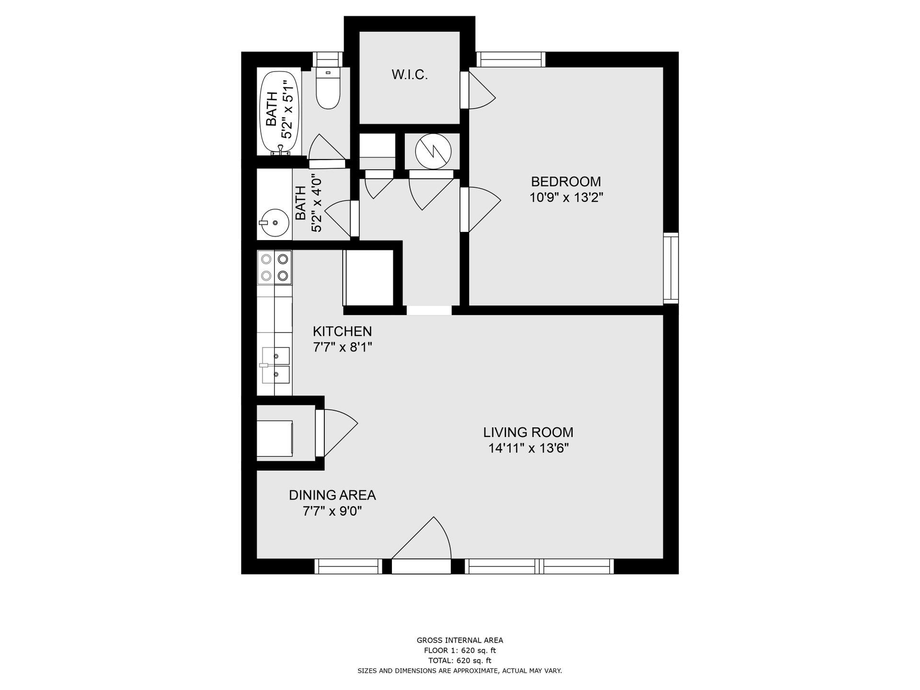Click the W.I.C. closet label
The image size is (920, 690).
coord(409,75)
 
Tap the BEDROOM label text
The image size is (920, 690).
coord(566,182)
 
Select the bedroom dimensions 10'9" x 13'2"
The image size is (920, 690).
coord(566,197)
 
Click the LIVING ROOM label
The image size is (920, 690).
coord(528,432)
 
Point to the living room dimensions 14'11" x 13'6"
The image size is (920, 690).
coord(528,448)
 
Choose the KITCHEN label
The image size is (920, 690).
coord(342,331)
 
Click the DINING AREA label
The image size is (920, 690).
coord(332,495)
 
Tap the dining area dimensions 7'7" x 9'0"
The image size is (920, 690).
coord(332,511)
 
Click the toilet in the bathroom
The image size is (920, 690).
coord(328,88)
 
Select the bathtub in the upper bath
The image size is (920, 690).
coord(280,113)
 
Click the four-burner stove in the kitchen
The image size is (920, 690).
coord(275,267)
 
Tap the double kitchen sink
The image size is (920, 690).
coord(276,365)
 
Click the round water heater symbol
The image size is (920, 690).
coord(433,150)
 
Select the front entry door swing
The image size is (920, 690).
coord(422,538)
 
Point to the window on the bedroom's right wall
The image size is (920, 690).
coord(671,268)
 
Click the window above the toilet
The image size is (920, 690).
coord(328,59)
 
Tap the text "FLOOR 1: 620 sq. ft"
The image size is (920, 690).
coord(460,650)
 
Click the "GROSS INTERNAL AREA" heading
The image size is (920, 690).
coord(460,640)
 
